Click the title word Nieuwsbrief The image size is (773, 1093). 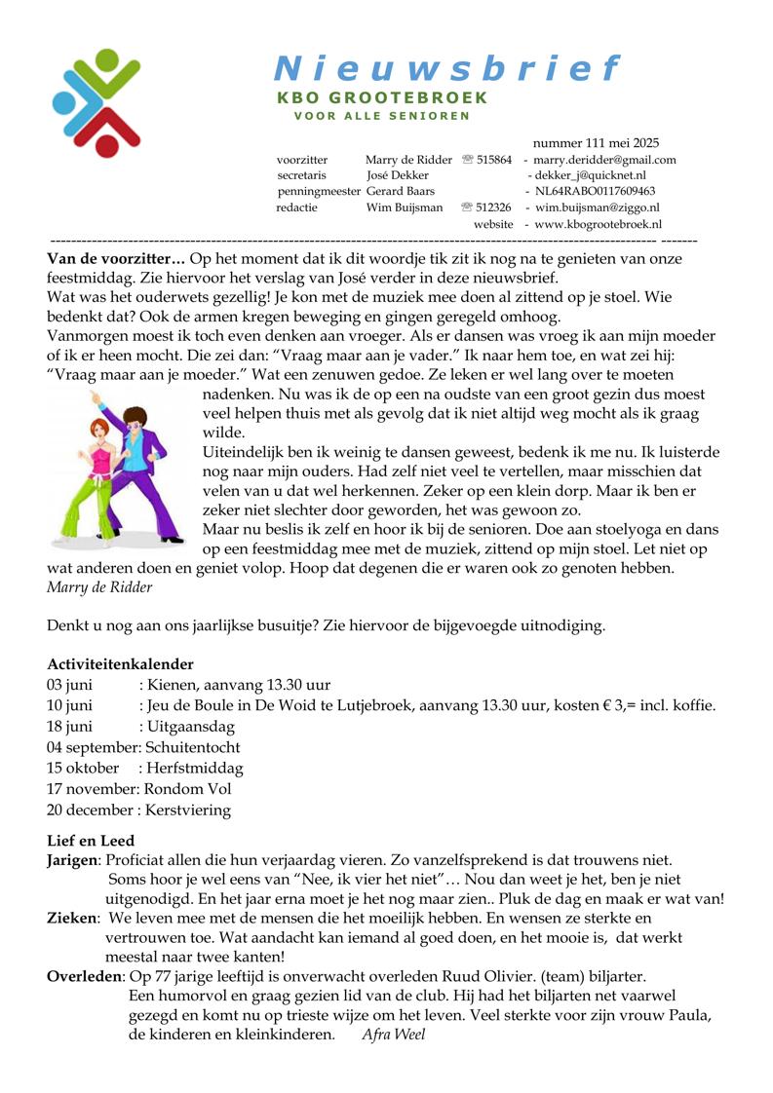pos(446,68)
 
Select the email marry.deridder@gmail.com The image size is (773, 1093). pos(604,160)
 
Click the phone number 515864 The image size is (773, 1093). pos(494,160)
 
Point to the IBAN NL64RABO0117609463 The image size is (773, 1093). pos(595,191)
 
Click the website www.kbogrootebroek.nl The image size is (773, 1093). pos(598,223)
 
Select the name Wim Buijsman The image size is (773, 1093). pos(404,207)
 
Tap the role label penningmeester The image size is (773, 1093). pos(318,191)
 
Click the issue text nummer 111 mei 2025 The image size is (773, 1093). pos(596,143)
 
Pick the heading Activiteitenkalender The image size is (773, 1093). pos(120,663)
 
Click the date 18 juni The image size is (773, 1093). pos(70,726)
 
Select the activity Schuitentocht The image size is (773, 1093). pos(193,747)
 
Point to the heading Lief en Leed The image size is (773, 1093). pos(91,840)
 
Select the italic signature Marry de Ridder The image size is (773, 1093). pos(99,586)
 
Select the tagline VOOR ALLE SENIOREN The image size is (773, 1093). pos(382,116)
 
